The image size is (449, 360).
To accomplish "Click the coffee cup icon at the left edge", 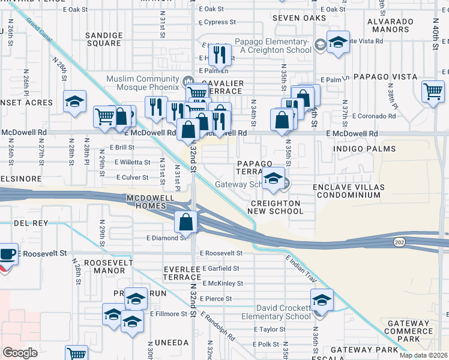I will click(x=8, y=253).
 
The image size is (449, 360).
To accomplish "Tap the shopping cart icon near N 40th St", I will click(x=432, y=91).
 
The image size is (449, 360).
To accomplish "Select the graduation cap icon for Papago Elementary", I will click(x=338, y=42).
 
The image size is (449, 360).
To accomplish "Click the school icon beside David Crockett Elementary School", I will click(x=322, y=299).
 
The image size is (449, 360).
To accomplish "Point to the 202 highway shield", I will click(x=399, y=241).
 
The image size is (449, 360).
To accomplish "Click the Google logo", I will click(x=20, y=353).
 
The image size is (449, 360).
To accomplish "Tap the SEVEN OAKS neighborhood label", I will click(x=299, y=18).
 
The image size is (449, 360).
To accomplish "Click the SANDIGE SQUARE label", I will click(x=103, y=39).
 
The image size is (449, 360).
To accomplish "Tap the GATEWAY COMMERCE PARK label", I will click(x=408, y=331).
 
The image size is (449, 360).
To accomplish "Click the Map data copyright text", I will click(x=424, y=355).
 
